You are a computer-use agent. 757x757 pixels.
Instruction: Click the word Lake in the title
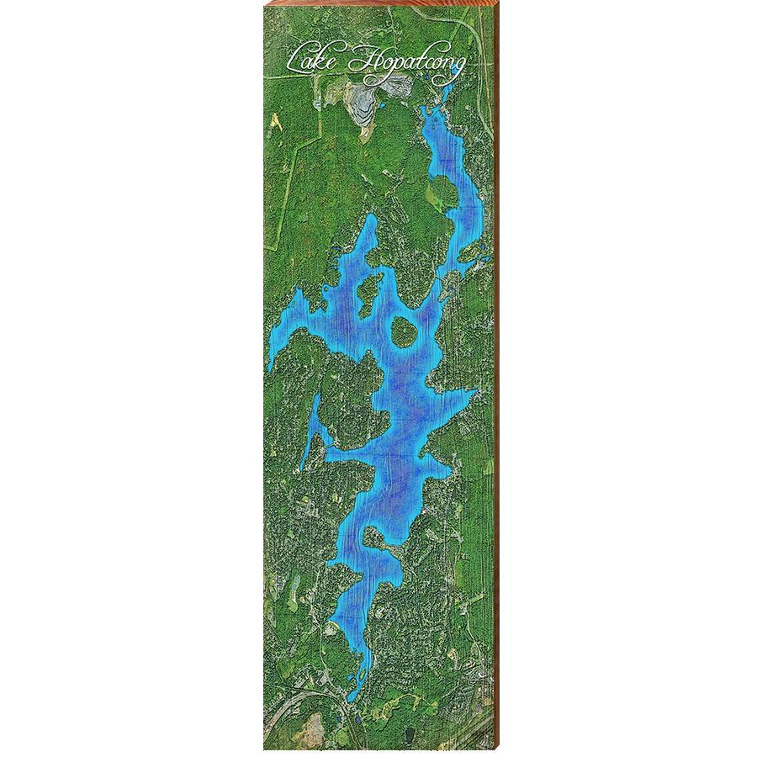311,61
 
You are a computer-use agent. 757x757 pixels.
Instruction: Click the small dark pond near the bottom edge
357,721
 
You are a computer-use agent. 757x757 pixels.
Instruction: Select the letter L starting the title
295,61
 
